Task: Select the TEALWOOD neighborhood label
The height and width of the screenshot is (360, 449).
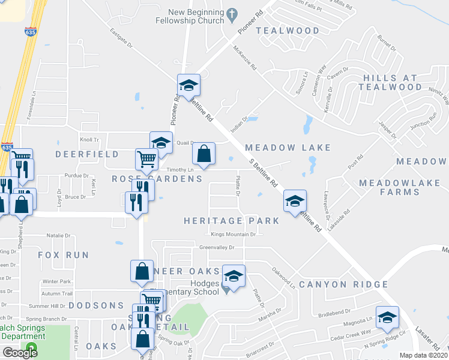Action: pyautogui.click(x=288, y=31)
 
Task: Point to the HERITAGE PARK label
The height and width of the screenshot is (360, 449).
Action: pyautogui.click(x=232, y=221)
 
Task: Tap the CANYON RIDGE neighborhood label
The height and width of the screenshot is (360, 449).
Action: pyautogui.click(x=343, y=284)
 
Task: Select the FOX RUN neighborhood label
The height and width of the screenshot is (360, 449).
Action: pyautogui.click(x=63, y=255)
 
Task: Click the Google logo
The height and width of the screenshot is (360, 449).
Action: pyautogui.click(x=20, y=353)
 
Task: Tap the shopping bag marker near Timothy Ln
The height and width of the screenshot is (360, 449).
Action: pyautogui.click(x=204, y=154)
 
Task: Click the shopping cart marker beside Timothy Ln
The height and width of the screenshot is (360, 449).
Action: pyautogui.click(x=146, y=159)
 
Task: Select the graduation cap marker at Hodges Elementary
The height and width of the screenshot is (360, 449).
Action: pyautogui.click(x=234, y=275)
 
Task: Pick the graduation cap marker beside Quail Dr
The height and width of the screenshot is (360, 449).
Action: pyautogui.click(x=161, y=142)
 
